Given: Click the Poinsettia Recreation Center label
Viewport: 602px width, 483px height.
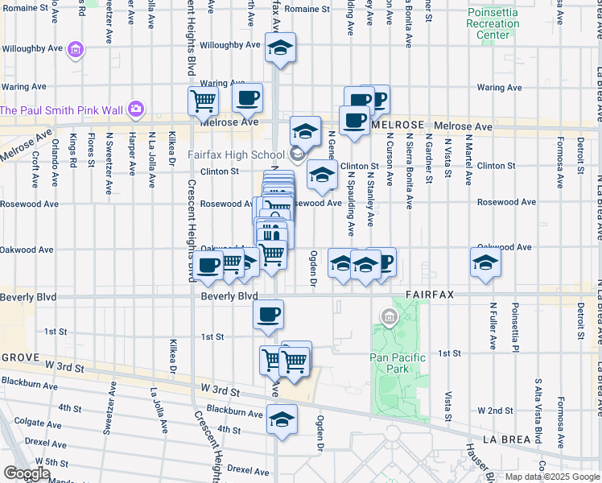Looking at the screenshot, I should tap(492, 24).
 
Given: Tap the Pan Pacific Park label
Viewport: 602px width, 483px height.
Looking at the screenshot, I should tap(390, 363).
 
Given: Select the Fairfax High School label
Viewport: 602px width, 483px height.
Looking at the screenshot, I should tap(237, 155).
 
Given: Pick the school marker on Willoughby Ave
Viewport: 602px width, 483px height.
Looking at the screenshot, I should tap(280, 48).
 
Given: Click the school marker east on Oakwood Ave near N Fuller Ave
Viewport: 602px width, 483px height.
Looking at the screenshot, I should tap(485, 262).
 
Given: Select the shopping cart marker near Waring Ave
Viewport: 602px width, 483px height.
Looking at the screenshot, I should tap(203, 101).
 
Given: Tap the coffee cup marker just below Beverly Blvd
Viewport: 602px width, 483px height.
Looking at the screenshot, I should tap(268, 314).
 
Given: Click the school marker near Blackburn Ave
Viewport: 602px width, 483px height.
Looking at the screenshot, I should tap(281, 419).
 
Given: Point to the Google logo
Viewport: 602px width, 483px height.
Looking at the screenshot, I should tap(27, 473).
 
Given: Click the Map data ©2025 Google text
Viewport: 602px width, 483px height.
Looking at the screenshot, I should tap(551, 477).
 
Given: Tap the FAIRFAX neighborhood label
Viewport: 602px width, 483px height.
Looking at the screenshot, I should tap(431, 295).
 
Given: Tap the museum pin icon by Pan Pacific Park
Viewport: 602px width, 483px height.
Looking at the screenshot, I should tap(390, 318).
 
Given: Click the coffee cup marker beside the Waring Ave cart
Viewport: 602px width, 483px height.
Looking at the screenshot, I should tap(247, 98).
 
